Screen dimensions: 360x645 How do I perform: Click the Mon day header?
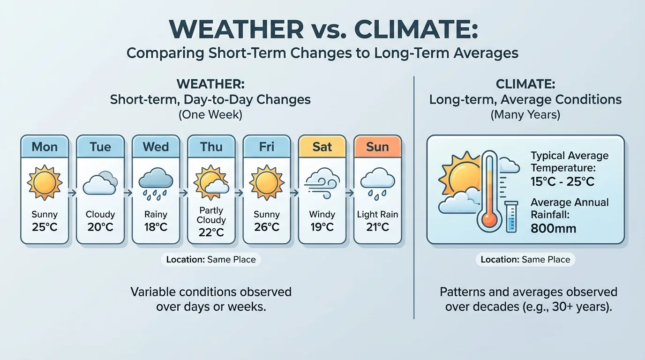pyautogui.click(x=45, y=147)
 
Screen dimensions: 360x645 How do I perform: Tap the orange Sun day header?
pyautogui.click(x=377, y=147)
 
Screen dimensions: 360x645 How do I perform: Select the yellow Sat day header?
pyautogui.click(x=322, y=147)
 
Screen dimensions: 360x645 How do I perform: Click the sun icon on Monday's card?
pyautogui.click(x=45, y=182)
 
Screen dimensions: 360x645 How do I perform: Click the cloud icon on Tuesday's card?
pyautogui.click(x=100, y=184)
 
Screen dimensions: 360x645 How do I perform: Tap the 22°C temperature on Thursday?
pyautogui.click(x=211, y=232)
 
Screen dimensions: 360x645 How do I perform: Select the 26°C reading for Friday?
pyautogui.click(x=267, y=227)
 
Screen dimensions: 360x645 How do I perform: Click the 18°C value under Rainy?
pyautogui.click(x=156, y=227)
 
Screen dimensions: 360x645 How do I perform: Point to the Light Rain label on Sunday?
pyautogui.click(x=377, y=215)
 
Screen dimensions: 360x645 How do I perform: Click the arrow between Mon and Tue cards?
pyautogui.click(x=73, y=192)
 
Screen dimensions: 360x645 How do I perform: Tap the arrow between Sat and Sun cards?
pyautogui.click(x=350, y=192)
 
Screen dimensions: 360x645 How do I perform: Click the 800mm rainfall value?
pyautogui.click(x=554, y=229)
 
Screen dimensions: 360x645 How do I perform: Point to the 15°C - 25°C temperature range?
pyautogui.click(x=562, y=181)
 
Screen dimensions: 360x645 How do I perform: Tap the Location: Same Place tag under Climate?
pyautogui.click(x=525, y=260)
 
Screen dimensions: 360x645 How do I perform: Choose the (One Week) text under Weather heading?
pyautogui.click(x=210, y=114)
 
